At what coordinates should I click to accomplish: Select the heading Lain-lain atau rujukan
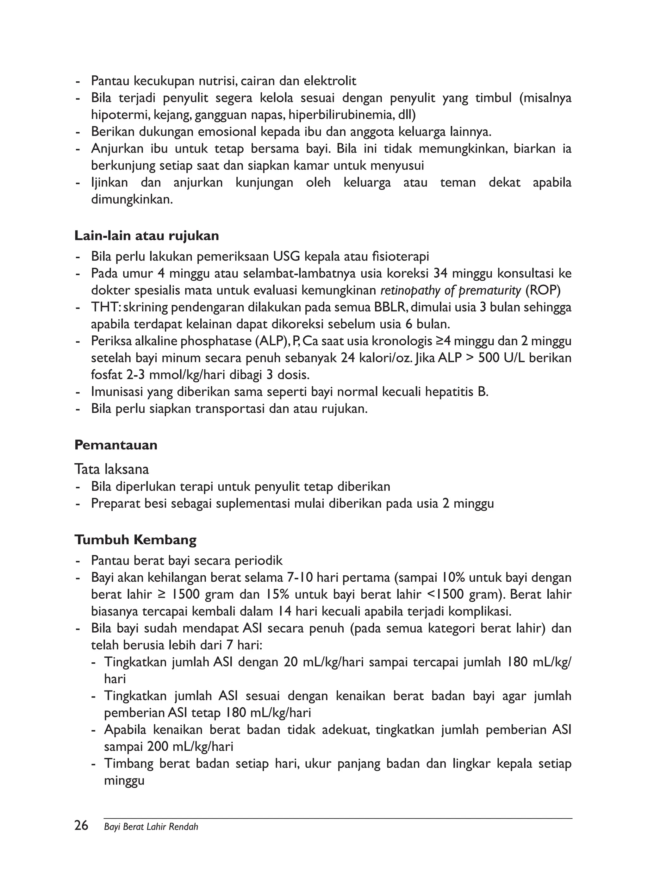[x=147, y=236]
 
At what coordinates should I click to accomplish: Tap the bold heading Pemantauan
[x=116, y=445]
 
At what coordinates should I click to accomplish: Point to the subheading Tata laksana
[x=112, y=469]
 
